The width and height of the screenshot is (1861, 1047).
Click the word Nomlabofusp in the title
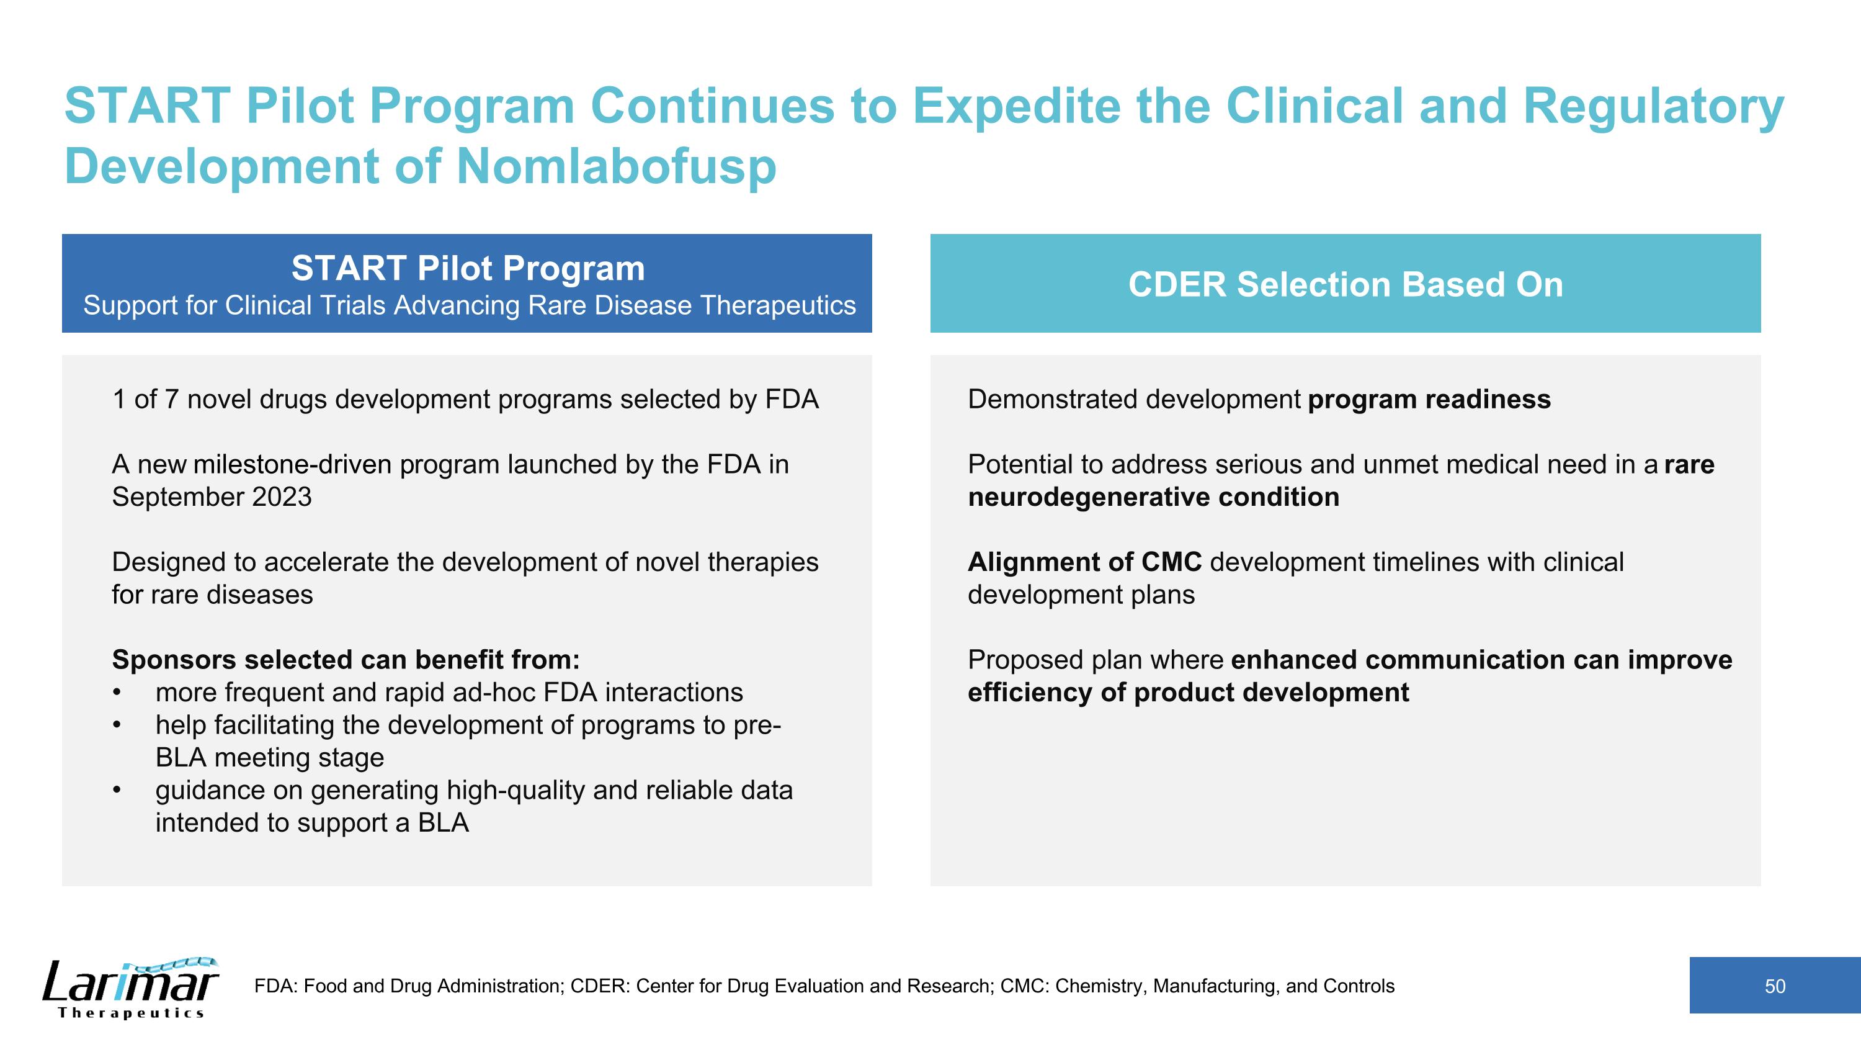[616, 166]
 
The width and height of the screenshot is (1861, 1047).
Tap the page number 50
[1774, 986]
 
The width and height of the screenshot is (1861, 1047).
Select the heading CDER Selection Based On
[1345, 284]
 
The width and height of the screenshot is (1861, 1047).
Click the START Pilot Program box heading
[467, 269]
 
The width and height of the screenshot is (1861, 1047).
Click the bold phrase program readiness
[1429, 400]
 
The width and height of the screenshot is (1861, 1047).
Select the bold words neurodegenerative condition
[1153, 497]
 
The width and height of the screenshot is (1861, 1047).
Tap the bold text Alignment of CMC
[1084, 562]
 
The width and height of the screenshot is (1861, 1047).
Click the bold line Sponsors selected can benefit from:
[346, 660]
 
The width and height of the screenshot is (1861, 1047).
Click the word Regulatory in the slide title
[1653, 106]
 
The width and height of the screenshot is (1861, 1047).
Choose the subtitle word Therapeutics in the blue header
[777, 305]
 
